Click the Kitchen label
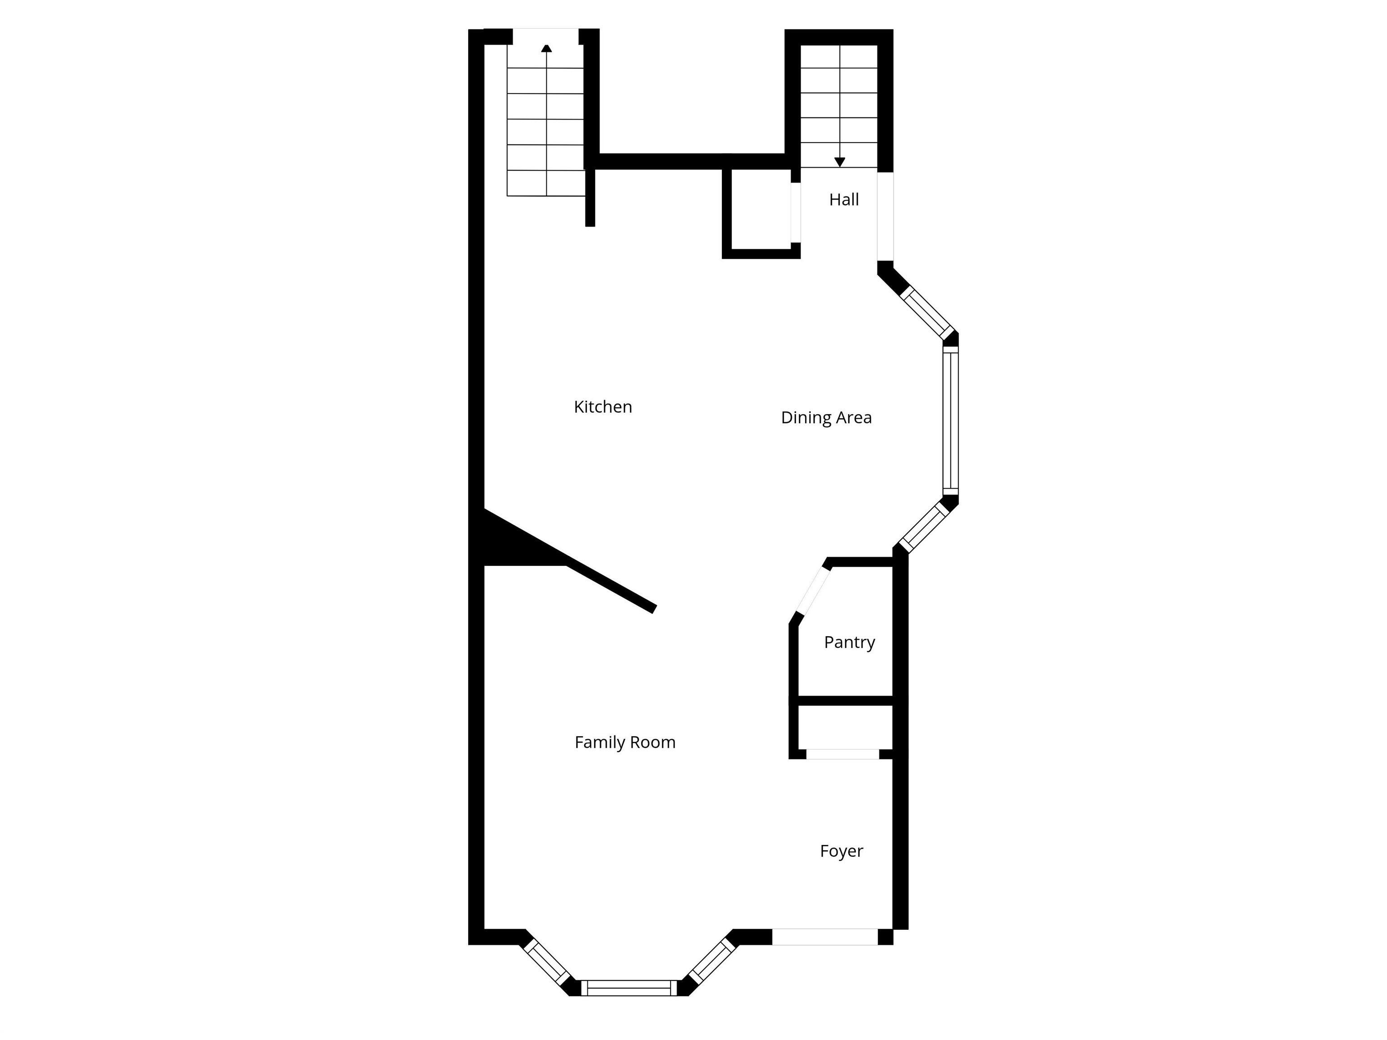pos(603,406)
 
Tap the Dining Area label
pos(826,417)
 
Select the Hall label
pos(843,200)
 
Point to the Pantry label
pos(849,642)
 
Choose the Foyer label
pos(841,851)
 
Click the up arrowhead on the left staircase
pos(546,48)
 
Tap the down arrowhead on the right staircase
pos(840,162)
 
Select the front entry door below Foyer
pos(824,937)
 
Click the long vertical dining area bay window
pos(950,421)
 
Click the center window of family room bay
pos(629,988)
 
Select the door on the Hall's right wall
pos(885,216)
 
